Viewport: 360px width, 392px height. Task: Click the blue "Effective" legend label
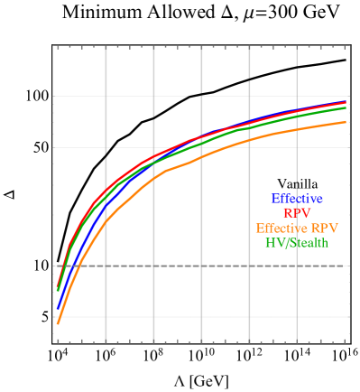(x=296, y=199)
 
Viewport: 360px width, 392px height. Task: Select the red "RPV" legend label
(x=296, y=213)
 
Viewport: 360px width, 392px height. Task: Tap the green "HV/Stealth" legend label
(x=296, y=243)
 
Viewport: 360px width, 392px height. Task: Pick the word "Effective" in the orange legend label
(x=281, y=229)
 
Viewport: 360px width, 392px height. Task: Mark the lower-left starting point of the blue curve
(x=58, y=307)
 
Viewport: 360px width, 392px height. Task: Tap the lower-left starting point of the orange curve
(x=58, y=322)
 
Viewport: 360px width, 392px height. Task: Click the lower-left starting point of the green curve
(x=58, y=291)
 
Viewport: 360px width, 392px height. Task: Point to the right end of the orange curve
(x=346, y=122)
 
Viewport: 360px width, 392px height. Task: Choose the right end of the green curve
(x=346, y=107)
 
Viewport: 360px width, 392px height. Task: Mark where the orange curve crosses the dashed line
(x=80, y=266)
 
